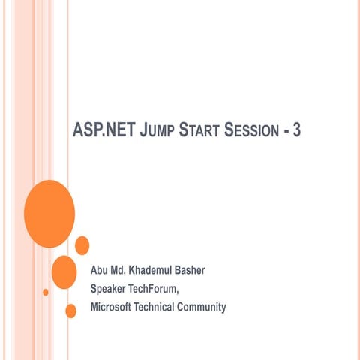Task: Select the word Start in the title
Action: [x=200, y=131]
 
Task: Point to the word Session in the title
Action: [x=250, y=131]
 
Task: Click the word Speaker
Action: [x=109, y=288]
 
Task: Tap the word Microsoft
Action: [x=112, y=306]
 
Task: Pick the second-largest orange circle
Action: [x=64, y=271]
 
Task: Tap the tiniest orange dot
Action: [x=46, y=292]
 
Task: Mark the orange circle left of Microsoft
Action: [x=71, y=310]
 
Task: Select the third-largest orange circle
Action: [x=82, y=245]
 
